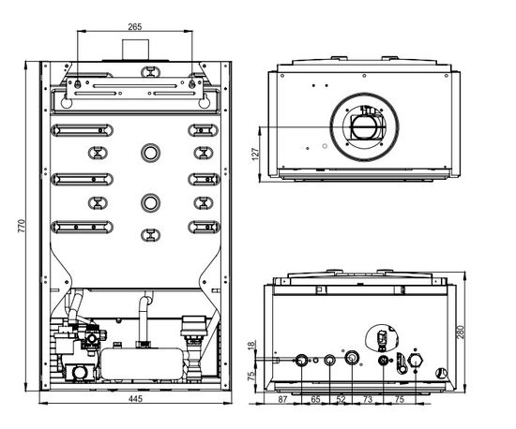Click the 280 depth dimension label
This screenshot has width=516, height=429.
(x=476, y=333)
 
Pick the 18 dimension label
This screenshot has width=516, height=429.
(x=252, y=347)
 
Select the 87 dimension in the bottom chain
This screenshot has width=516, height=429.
(x=283, y=400)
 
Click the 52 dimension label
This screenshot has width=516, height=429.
(x=341, y=400)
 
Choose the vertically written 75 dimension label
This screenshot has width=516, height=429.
(x=252, y=376)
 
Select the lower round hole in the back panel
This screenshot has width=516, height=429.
(x=150, y=201)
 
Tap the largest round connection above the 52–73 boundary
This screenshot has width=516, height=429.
(x=351, y=360)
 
